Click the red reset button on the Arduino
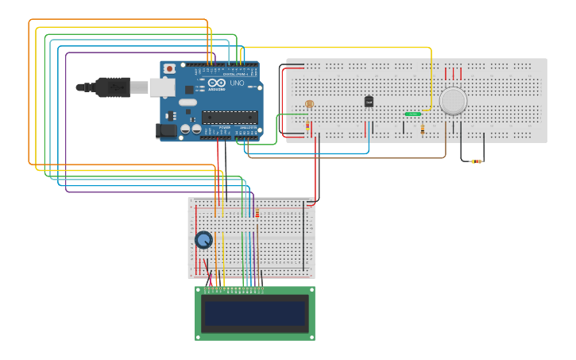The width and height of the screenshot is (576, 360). [168, 69]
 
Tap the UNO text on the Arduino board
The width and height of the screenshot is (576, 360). [237, 83]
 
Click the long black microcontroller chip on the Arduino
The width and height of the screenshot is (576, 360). [229, 117]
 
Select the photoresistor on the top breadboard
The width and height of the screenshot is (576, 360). [309, 104]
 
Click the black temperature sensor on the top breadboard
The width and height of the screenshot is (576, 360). [369, 101]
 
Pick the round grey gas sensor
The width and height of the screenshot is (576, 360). [453, 100]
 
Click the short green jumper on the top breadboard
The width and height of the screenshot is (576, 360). [413, 114]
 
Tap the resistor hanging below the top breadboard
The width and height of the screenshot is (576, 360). [476, 161]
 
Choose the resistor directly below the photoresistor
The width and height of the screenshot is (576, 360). [308, 125]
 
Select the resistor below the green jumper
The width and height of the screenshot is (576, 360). [422, 128]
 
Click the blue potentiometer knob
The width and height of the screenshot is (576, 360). [204, 240]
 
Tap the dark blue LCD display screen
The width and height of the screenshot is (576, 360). [255, 313]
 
